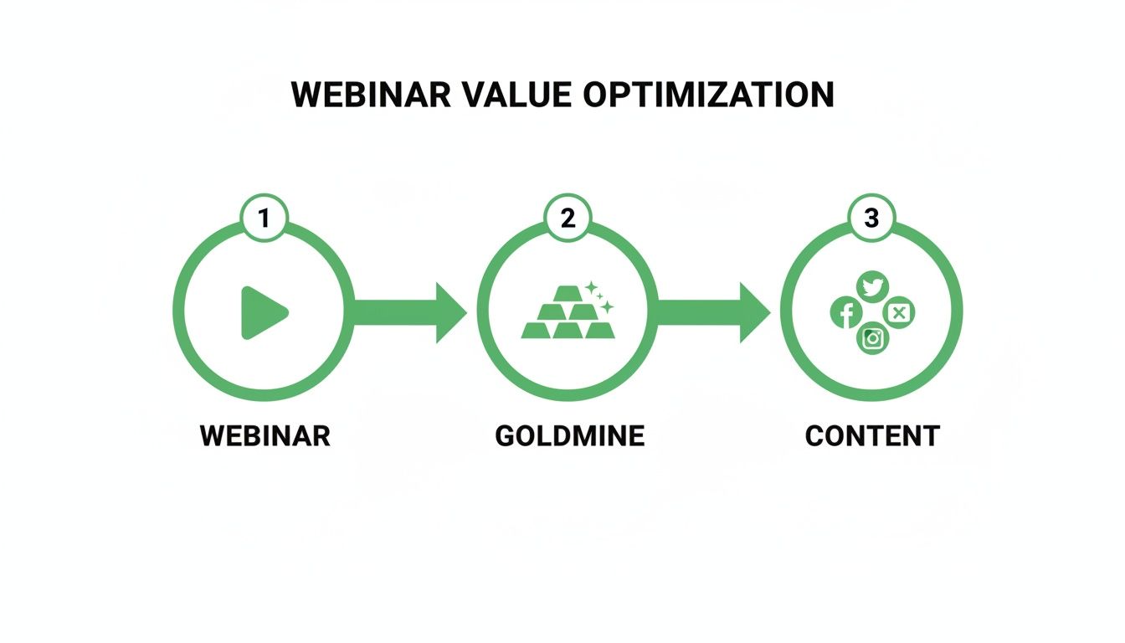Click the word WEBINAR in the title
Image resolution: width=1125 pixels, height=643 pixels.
(x=371, y=95)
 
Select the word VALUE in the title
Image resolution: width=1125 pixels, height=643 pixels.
(x=516, y=95)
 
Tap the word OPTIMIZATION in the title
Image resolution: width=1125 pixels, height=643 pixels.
(x=708, y=95)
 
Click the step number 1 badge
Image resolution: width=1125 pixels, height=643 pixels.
(x=265, y=218)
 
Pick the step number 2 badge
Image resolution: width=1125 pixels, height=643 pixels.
(x=568, y=218)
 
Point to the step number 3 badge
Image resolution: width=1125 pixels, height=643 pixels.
(x=871, y=218)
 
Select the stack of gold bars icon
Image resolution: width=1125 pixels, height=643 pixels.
(x=568, y=312)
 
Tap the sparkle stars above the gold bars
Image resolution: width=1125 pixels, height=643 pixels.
(x=599, y=297)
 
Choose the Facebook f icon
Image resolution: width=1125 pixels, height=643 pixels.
(x=846, y=312)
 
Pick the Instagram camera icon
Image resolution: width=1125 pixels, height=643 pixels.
(x=873, y=338)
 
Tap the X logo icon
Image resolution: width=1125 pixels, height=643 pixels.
(x=898, y=312)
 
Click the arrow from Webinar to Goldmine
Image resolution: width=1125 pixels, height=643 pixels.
(x=410, y=312)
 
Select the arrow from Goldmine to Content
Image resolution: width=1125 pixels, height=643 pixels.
(x=714, y=312)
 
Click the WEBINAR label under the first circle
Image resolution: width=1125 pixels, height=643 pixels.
(x=265, y=435)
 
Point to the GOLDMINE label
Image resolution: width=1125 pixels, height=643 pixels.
(x=569, y=435)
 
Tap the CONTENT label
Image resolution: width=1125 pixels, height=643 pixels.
(x=872, y=435)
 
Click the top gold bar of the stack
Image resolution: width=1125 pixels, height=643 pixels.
(x=568, y=293)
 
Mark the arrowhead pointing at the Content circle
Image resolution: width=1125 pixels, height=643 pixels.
(x=753, y=312)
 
